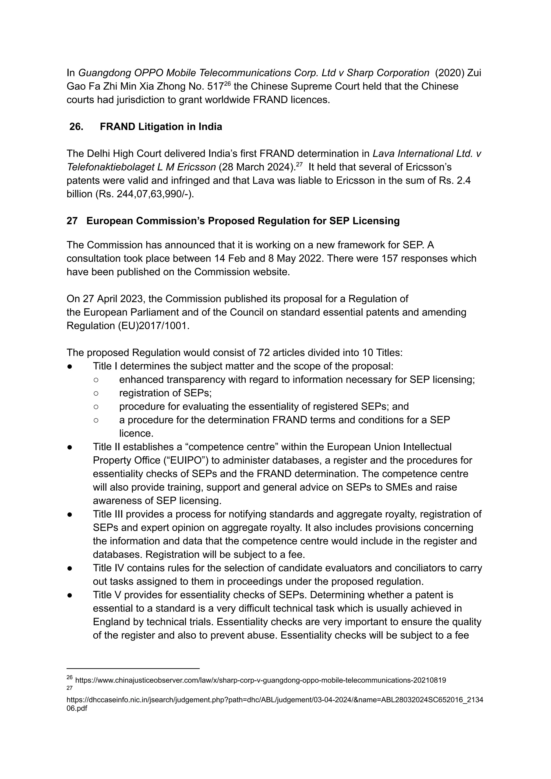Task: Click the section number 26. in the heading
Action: click(76, 127)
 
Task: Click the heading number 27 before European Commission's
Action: click(72, 221)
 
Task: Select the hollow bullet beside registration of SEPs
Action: click(96, 393)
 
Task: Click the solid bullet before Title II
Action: click(70, 447)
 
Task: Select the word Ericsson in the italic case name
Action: click(196, 167)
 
